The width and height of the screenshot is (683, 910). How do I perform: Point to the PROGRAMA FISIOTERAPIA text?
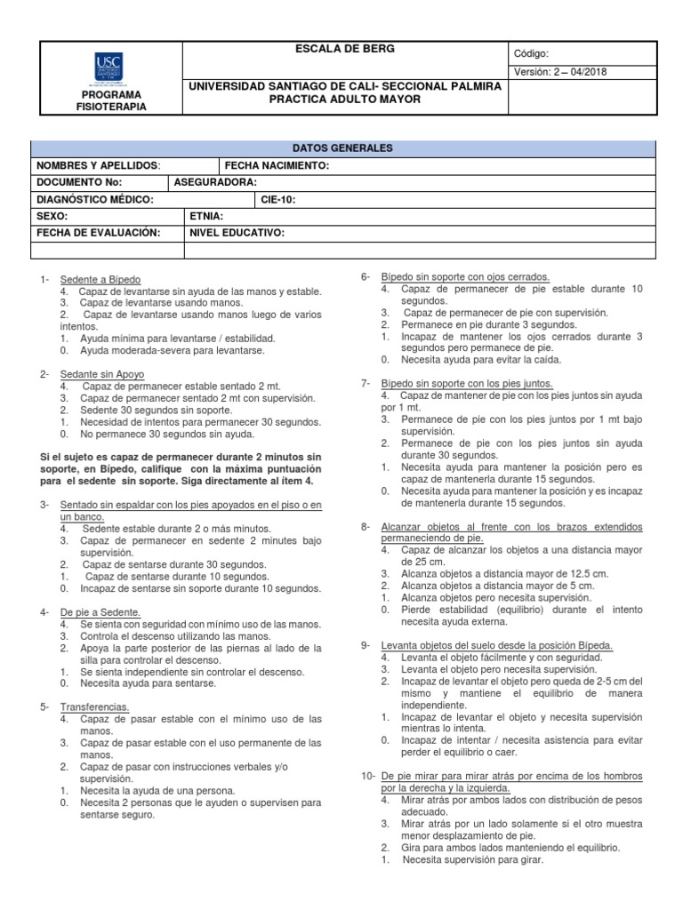111,100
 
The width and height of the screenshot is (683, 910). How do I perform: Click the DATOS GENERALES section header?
342,148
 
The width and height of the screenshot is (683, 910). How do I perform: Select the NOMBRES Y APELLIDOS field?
98,166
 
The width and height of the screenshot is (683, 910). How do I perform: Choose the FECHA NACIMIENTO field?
277,166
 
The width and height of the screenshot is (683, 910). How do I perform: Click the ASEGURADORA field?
215,182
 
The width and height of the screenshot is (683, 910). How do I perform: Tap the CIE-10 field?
278,199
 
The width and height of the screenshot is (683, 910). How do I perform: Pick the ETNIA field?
206,216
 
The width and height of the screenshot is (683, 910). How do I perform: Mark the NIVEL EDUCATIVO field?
237,233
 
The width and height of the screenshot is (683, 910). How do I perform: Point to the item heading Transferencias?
95,706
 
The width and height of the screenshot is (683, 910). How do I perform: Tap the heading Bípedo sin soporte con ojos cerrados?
465,277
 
